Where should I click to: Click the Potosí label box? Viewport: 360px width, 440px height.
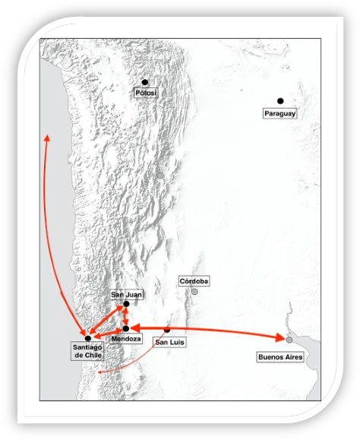[x=146, y=93]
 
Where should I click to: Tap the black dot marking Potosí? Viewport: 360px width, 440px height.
[x=144, y=82]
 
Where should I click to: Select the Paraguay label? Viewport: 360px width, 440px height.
[x=279, y=114]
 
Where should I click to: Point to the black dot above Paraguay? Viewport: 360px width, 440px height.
[x=280, y=101]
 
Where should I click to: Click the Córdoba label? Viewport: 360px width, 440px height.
[x=194, y=281]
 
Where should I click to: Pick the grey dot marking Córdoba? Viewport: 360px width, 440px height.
[x=194, y=292]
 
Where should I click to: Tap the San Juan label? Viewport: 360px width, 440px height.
[x=126, y=295]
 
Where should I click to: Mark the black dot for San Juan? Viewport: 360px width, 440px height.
[x=126, y=304]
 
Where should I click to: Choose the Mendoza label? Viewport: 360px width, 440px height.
[x=126, y=339]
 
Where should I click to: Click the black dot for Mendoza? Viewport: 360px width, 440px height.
[x=126, y=328]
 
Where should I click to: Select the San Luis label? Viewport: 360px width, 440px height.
[x=170, y=342]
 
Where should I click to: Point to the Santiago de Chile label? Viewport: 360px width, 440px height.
[x=87, y=351]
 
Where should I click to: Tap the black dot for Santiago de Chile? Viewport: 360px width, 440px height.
[x=88, y=338]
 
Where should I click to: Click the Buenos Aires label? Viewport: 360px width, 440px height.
[x=280, y=357]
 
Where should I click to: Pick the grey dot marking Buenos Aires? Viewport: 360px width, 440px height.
[x=289, y=340]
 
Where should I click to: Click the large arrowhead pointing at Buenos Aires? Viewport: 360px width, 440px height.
[x=280, y=337]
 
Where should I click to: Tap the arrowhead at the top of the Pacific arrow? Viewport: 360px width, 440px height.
[x=47, y=138]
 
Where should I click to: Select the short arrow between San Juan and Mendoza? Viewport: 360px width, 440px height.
[x=125, y=316]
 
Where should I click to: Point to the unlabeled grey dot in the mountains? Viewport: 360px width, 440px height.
[x=160, y=176]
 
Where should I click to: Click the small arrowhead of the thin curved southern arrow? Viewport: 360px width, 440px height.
[x=99, y=372]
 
